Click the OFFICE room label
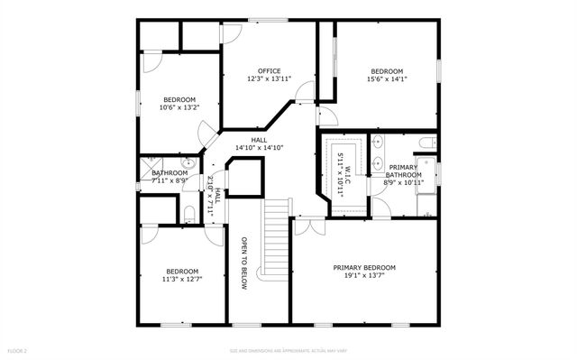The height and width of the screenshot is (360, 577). tap(269, 71)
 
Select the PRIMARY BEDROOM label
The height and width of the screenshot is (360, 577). tap(364, 267)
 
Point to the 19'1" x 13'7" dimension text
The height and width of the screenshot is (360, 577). tap(364, 276)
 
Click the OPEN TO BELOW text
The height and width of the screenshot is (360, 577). tap(243, 263)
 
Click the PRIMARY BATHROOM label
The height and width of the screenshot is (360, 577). tap(402, 171)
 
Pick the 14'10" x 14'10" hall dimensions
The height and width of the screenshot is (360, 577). tap(259, 148)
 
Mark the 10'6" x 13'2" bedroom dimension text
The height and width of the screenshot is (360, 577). tap(180, 107)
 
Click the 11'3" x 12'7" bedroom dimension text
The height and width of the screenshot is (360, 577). tap(182, 280)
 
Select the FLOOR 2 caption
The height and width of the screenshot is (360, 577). tap(18, 350)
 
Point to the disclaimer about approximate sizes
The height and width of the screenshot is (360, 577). tap(288, 350)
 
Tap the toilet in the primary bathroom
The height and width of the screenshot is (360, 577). tap(427, 142)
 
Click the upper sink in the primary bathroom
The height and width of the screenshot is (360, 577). tap(377, 142)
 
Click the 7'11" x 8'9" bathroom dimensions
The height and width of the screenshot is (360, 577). tap(169, 180)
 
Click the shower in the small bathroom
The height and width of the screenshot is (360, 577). tap(147, 171)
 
